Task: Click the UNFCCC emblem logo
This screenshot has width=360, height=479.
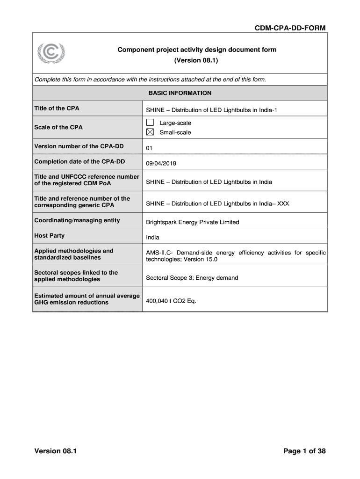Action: (51, 54)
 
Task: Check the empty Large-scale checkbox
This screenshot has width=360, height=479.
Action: (150, 123)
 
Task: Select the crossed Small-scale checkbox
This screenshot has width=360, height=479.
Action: (150, 132)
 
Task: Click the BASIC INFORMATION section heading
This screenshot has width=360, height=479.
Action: (180, 93)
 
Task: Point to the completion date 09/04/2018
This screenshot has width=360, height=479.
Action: (161, 164)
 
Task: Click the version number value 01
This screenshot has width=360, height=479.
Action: (150, 148)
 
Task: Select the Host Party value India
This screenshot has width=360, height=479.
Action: (152, 238)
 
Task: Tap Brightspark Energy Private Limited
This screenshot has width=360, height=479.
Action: (192, 222)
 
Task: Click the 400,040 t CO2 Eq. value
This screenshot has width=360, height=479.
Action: (171, 300)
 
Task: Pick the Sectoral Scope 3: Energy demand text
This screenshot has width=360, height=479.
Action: (192, 278)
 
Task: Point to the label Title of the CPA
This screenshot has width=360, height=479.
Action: (57, 109)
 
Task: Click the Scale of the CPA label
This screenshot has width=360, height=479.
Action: (58, 127)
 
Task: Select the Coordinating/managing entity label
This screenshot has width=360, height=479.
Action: (77, 220)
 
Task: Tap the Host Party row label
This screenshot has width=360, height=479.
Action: (50, 236)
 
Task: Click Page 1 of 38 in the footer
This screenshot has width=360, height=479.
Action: (304, 451)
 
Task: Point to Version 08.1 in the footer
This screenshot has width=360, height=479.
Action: (55, 451)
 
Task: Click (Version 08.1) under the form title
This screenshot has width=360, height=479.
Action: (196, 61)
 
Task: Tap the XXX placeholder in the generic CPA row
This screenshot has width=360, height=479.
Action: (283, 203)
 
